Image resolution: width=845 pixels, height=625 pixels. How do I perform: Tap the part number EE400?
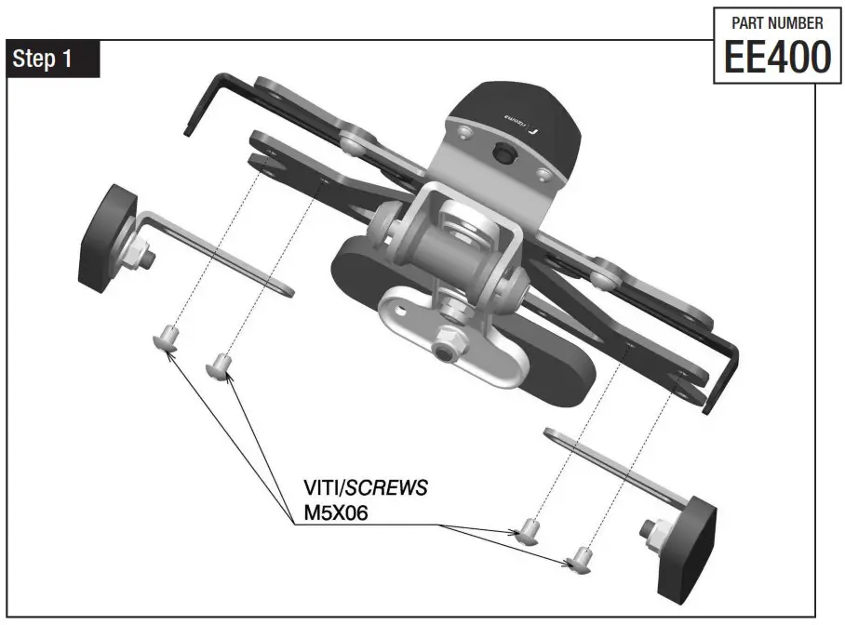pos(771,57)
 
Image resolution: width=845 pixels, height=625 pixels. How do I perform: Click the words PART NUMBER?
pos(771,22)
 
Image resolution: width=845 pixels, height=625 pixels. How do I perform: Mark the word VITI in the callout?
pos(325,488)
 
